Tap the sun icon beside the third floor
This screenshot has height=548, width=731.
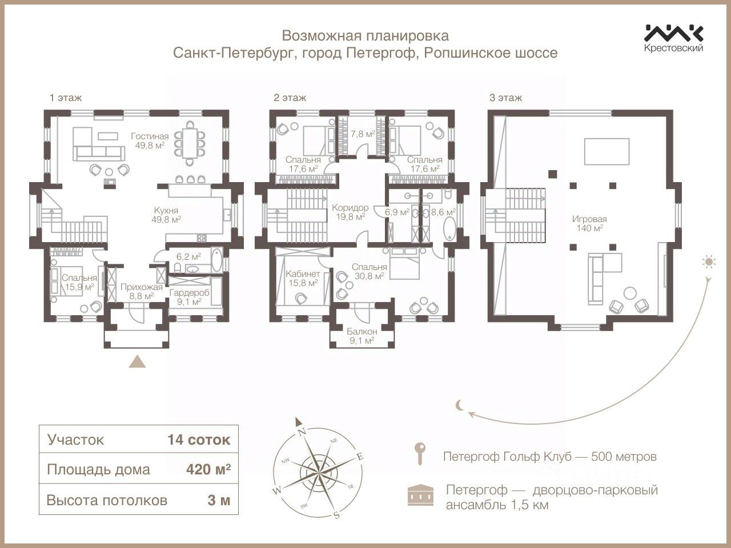coord(709,263)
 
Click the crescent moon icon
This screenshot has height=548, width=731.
coord(460,405)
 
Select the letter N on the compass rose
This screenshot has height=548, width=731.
coord(303,430)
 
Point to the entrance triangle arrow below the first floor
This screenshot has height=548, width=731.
coord(137,361)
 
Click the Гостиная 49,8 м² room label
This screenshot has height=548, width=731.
coord(150,140)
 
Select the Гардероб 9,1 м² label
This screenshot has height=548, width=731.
coord(190,297)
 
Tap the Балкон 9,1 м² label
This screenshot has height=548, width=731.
coord(362,336)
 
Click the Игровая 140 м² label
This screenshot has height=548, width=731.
coord(589,223)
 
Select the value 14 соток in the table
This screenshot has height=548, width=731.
coord(199,440)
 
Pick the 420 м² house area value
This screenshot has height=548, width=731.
coord(208,470)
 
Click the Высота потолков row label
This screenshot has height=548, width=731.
coord(107,501)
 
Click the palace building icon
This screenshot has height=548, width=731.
coord(420,496)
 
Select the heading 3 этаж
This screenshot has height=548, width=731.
coord(505,98)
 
